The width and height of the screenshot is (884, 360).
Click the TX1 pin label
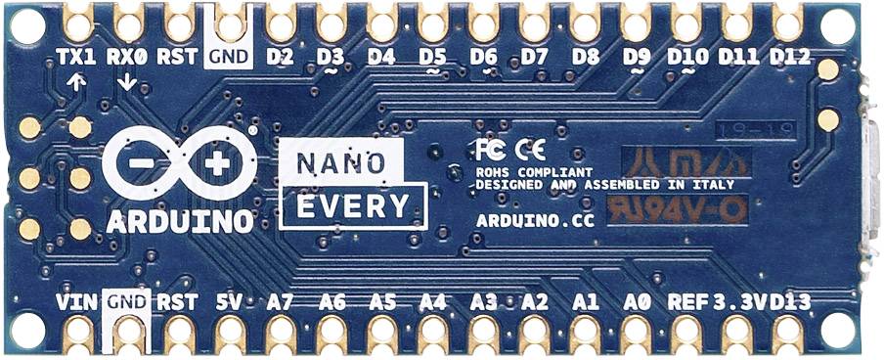76,56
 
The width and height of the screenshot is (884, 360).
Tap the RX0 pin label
128,56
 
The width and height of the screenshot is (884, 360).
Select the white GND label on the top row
229,56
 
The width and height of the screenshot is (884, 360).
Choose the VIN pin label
76,302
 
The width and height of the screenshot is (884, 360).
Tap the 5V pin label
229,302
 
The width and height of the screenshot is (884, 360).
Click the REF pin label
685,302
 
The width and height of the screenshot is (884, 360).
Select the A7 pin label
280,302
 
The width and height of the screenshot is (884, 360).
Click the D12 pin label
790,56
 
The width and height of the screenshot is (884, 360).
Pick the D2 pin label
280,56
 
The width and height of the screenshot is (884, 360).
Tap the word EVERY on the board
352,206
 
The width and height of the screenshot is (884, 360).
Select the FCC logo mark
490,149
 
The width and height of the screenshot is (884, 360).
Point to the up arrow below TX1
76,83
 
